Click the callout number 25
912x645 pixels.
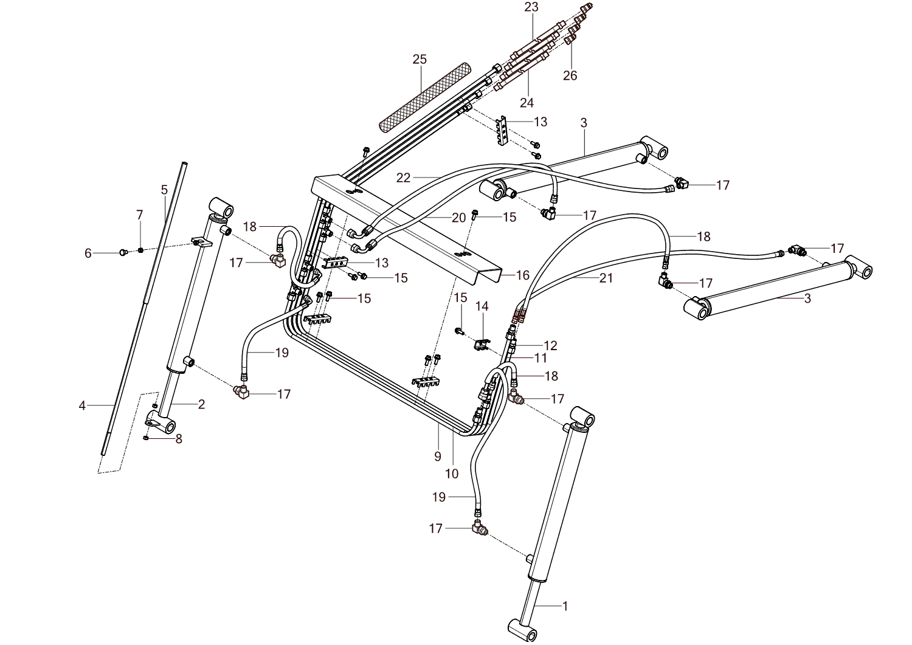420,59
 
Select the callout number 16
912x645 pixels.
523,275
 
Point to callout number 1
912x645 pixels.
565,605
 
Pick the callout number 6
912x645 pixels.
88,253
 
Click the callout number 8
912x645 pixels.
179,438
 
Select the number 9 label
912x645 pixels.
438,456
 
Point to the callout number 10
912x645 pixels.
452,473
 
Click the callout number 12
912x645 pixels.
550,345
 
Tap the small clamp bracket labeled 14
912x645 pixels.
482,345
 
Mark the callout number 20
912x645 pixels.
459,217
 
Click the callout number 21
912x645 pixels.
606,278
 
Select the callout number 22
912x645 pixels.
404,178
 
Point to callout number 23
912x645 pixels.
532,7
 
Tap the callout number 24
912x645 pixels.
527,102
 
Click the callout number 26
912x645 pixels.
570,75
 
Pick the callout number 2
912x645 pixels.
201,404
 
